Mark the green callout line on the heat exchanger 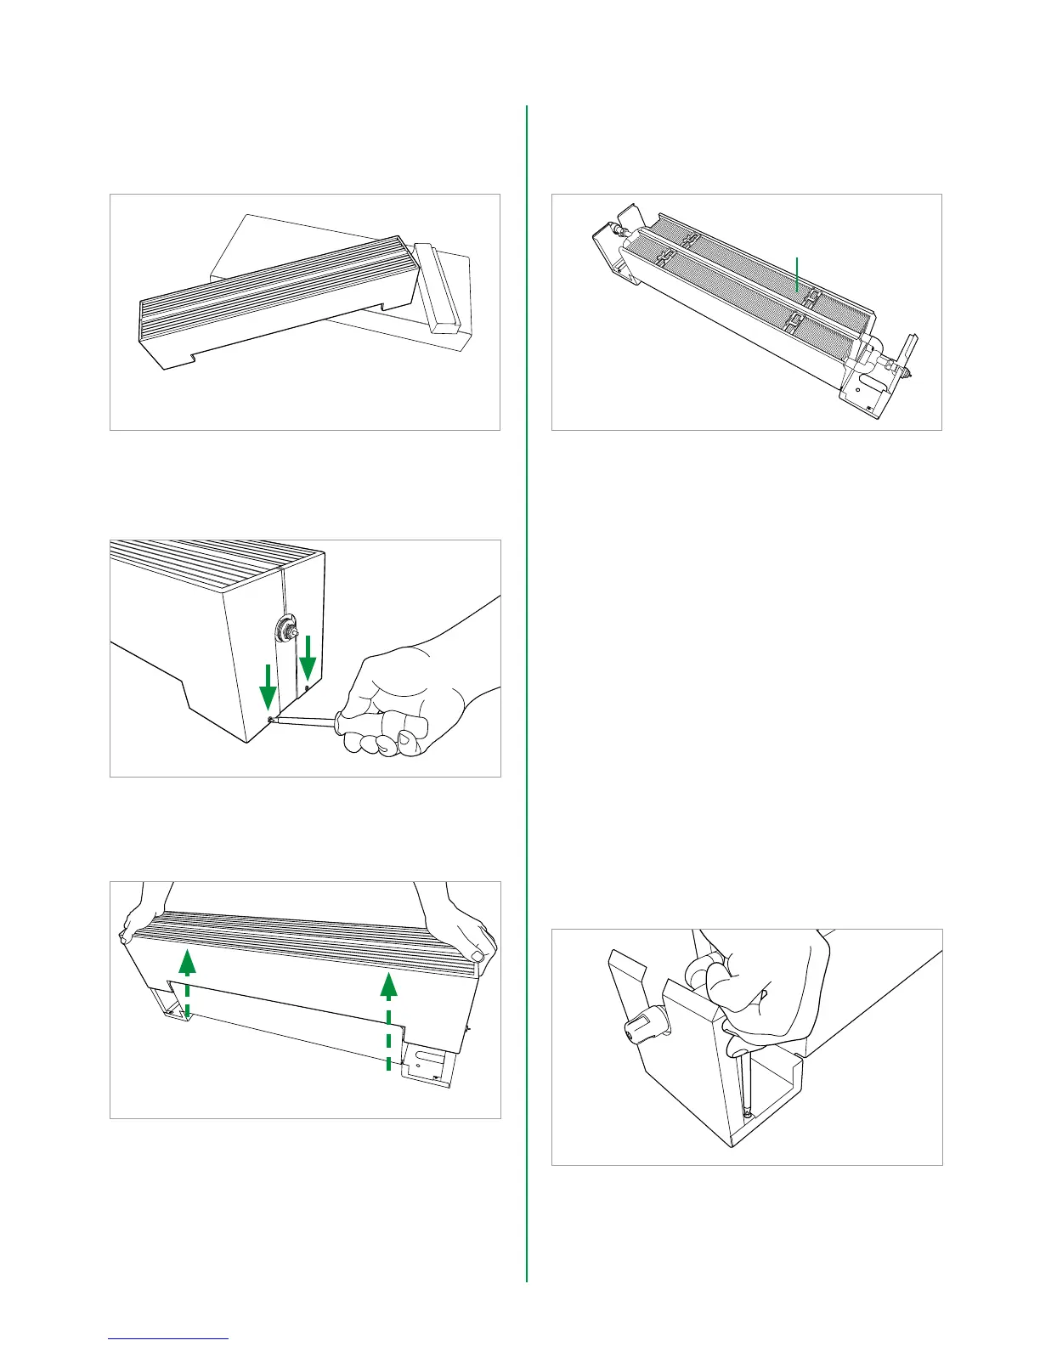tap(796, 273)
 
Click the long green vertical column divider tap(527, 680)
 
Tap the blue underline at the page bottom tap(169, 1338)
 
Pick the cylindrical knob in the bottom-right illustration tap(638, 1029)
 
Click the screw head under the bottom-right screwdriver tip tap(745, 1113)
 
